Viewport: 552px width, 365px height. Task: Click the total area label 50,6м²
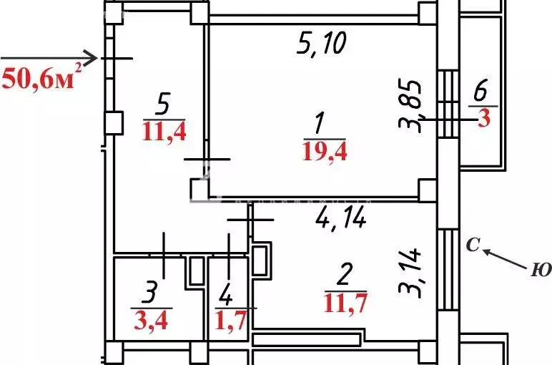pyautogui.click(x=41, y=77)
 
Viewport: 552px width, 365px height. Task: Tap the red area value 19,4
pyautogui.click(x=325, y=151)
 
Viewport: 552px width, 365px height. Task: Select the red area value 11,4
pyautogui.click(x=164, y=132)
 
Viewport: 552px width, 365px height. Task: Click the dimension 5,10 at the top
pyautogui.click(x=322, y=44)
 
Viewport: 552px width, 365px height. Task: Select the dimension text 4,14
pyautogui.click(x=340, y=216)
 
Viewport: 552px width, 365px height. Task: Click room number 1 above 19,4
pyautogui.click(x=319, y=125)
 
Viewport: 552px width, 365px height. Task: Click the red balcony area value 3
pyautogui.click(x=484, y=118)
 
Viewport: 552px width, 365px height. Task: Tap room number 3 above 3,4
pyautogui.click(x=150, y=291)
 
